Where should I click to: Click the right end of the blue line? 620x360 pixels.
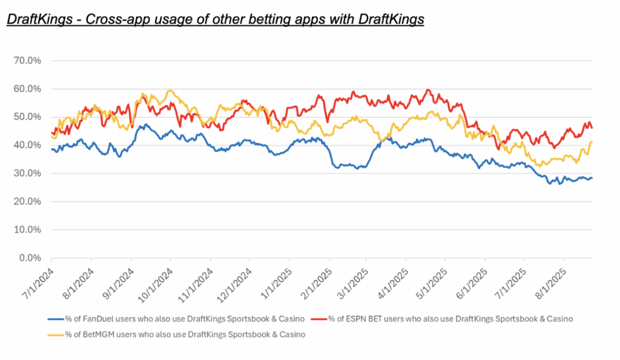click(x=592, y=178)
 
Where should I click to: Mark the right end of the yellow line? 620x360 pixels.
click(x=592, y=142)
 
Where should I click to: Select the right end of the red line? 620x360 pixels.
click(x=592, y=128)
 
